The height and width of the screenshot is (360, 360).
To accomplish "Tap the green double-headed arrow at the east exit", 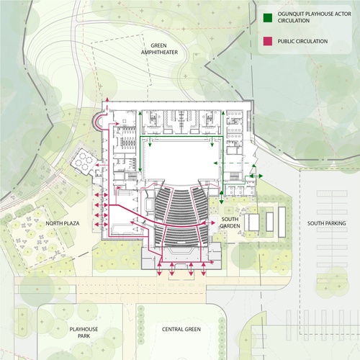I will coord(252,175).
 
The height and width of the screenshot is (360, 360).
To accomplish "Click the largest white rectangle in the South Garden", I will coord(253,223).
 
